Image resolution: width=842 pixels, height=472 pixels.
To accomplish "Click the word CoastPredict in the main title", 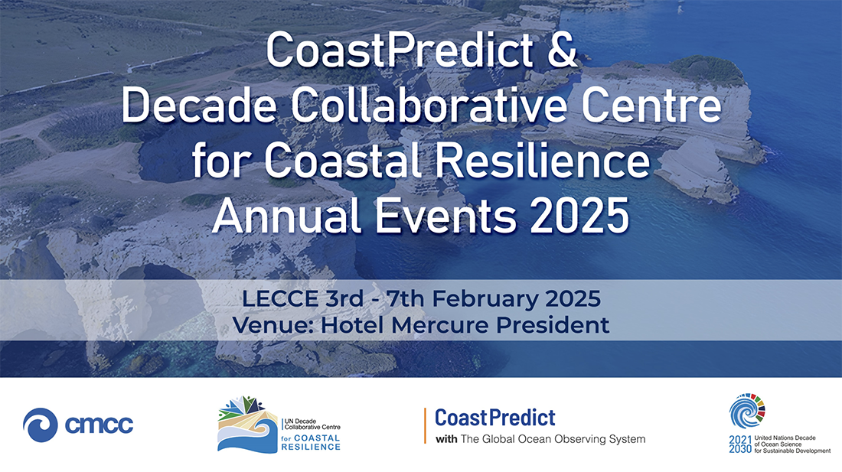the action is tap(400, 50).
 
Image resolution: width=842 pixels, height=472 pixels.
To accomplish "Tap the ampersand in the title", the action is tap(562, 50).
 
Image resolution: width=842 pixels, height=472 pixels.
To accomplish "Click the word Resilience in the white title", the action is tap(543, 161).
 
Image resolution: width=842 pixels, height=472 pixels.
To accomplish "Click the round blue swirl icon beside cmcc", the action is tap(41, 425).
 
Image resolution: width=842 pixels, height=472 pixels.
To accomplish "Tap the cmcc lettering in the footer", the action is tap(99, 425).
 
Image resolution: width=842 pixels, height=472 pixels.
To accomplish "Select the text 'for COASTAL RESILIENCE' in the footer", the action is tap(311, 442).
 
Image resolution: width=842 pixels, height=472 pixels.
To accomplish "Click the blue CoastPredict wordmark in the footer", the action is tap(495, 417).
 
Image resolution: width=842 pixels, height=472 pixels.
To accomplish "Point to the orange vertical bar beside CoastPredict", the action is tap(426, 426).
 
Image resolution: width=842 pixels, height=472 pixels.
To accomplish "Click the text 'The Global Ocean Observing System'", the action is tap(553, 439).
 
